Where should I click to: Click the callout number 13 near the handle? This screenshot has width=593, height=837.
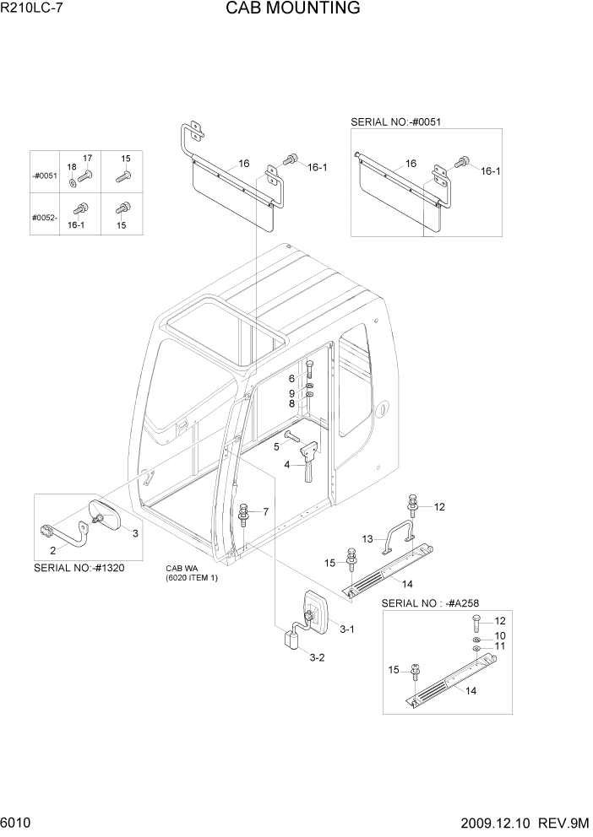(x=367, y=539)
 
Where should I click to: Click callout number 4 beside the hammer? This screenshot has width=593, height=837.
(x=287, y=465)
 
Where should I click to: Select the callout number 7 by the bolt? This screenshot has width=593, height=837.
(x=265, y=512)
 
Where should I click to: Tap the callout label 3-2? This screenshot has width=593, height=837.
(x=317, y=657)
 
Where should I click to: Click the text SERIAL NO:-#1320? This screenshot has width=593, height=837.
(x=79, y=568)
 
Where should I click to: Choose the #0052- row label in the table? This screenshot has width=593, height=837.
(x=45, y=217)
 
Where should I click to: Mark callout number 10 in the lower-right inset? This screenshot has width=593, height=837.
(x=500, y=635)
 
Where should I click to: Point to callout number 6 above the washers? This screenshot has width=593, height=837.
(x=292, y=379)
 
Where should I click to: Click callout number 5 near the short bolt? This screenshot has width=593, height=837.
(x=275, y=445)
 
